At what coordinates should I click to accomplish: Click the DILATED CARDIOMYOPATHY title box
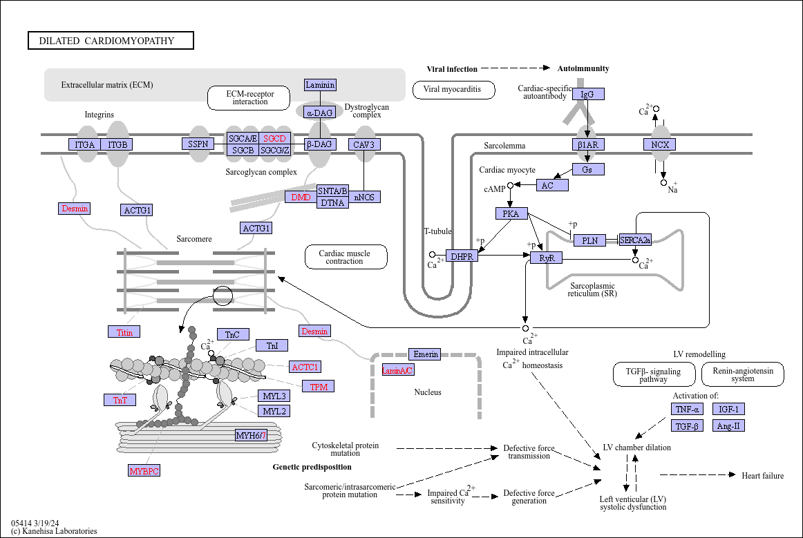point(111,41)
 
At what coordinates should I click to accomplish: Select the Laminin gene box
point(320,85)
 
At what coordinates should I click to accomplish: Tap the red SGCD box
point(274,138)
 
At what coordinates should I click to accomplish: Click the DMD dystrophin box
point(301,197)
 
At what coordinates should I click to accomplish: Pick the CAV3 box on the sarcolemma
point(364,144)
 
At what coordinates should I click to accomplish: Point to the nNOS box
point(364,197)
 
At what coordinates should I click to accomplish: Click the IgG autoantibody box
point(588,94)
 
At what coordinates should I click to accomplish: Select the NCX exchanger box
point(659,144)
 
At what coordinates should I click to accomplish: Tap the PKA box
point(511,213)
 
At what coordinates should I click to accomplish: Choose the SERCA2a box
point(635,240)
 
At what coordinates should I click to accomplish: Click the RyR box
point(547,258)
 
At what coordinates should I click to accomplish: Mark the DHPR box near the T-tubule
point(462,256)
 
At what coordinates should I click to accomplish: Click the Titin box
point(124,332)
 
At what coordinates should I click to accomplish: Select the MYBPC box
point(144,470)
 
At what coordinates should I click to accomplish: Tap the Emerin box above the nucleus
point(425,354)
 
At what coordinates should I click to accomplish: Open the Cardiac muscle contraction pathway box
point(346,257)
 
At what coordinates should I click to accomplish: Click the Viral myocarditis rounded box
point(454,90)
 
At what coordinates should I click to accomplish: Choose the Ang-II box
point(728,425)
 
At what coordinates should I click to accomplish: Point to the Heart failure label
point(762,476)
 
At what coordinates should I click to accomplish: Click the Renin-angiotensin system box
point(742,374)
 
